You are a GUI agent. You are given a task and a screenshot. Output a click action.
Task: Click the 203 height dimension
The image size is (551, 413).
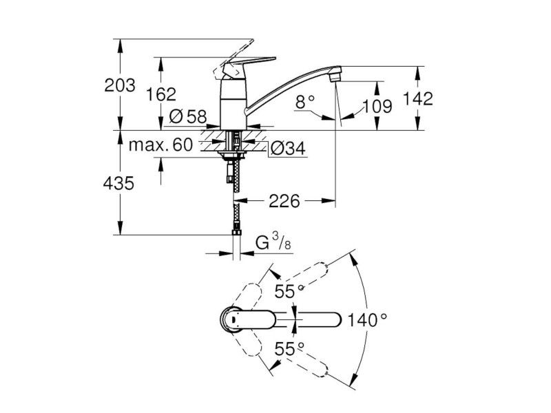click(x=120, y=85)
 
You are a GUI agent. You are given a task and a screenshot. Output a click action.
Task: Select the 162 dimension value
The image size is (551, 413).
click(x=161, y=94)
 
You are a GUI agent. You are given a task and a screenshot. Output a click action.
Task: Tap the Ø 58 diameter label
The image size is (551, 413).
click(x=188, y=116)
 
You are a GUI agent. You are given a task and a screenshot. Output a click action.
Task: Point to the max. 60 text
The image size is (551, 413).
click(x=161, y=145)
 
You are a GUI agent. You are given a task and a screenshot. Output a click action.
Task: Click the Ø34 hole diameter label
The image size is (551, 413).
click(x=288, y=149)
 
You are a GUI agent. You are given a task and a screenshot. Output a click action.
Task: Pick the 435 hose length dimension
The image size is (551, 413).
click(x=118, y=183)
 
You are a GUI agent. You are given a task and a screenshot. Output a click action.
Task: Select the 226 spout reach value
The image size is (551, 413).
click(x=284, y=201)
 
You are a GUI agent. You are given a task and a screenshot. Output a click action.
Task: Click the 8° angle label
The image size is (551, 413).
click(x=305, y=102)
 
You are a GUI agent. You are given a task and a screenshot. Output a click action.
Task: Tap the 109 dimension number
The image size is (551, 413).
click(x=377, y=106)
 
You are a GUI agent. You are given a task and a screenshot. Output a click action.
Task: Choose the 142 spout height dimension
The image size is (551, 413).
click(x=417, y=98)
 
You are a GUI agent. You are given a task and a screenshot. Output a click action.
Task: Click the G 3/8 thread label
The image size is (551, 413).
click(x=273, y=242)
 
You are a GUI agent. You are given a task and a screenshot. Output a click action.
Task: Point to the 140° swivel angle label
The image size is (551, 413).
click(x=367, y=320)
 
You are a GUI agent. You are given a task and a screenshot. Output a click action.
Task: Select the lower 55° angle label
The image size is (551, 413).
click(x=289, y=350)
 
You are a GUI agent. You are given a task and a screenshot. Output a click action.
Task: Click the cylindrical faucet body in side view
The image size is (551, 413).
click(x=233, y=104)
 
